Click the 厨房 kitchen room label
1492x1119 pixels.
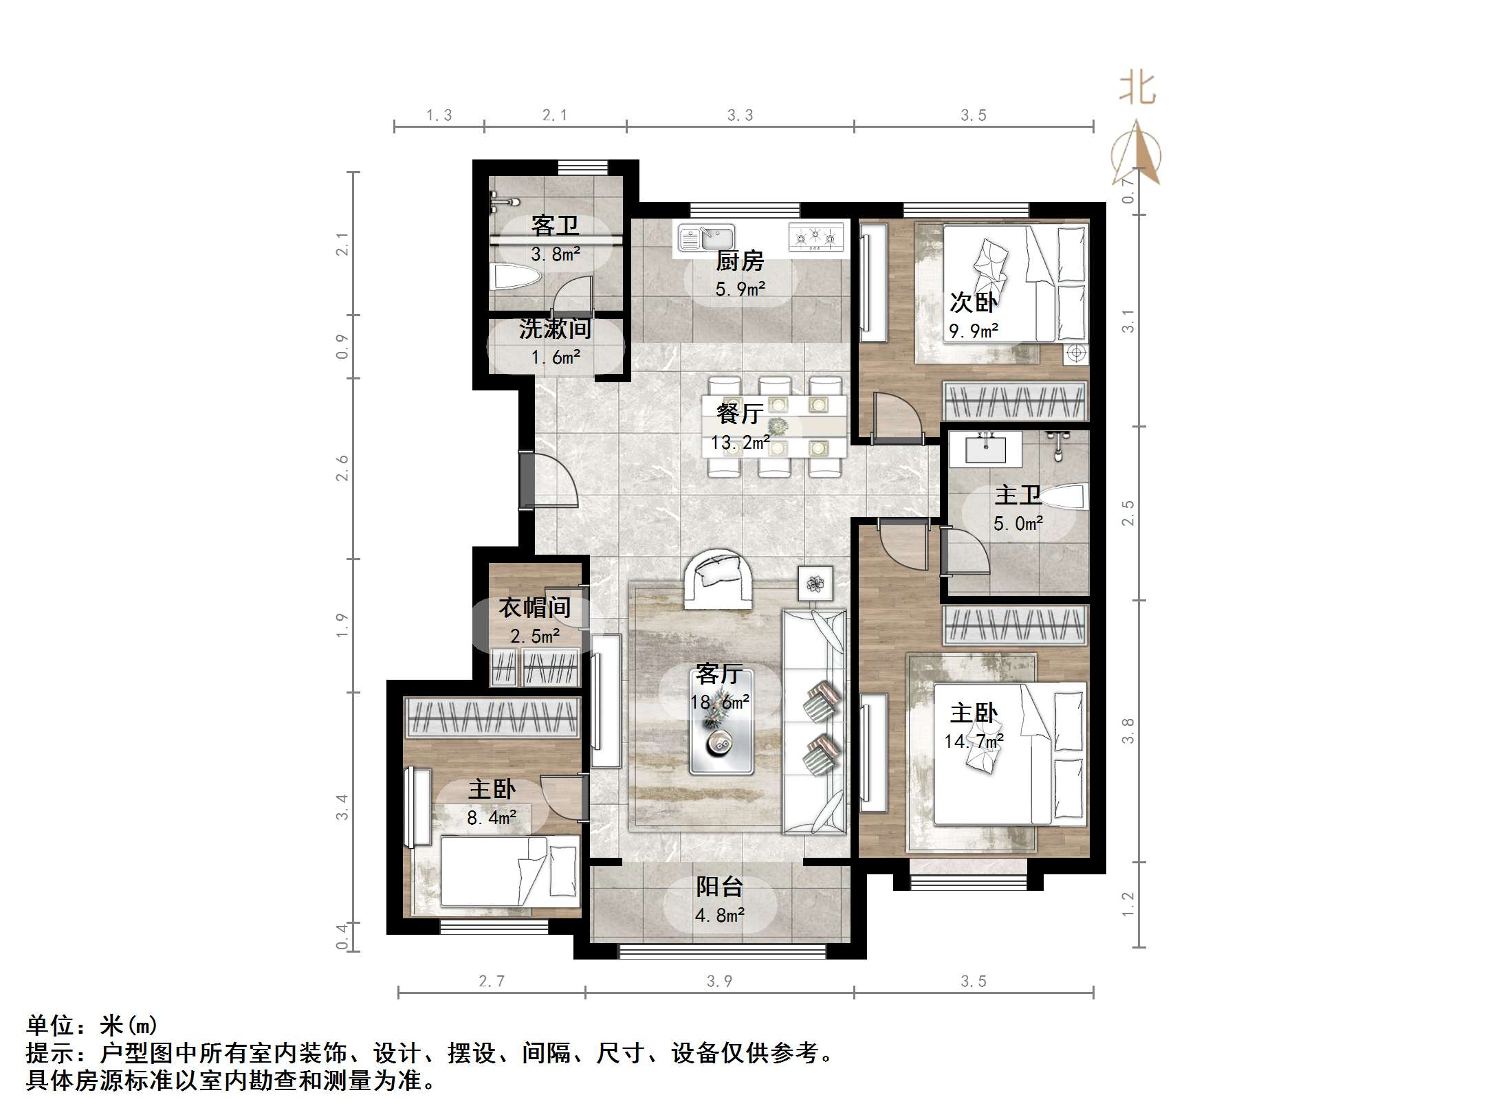click(740, 261)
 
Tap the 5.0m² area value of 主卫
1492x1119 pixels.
click(1018, 524)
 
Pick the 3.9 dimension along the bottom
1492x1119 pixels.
click(719, 981)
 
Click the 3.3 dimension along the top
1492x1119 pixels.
click(740, 115)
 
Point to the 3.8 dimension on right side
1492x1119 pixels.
click(1128, 731)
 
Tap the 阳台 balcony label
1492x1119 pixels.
click(719, 887)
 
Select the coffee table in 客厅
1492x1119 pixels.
click(722, 722)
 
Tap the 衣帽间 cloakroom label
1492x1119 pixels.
click(534, 608)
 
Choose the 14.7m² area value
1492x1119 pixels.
click(974, 741)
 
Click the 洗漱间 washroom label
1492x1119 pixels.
click(555, 329)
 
